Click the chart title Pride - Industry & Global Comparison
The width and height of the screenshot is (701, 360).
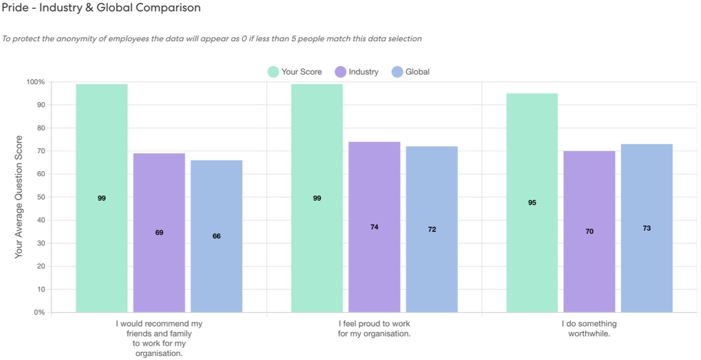point(101,8)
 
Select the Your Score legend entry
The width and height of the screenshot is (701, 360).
point(295,72)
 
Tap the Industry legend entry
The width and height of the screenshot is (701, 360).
point(357,72)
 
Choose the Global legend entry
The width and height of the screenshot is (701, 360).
point(410,72)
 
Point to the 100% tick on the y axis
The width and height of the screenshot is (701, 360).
point(35,82)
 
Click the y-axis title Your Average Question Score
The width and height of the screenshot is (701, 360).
point(19,197)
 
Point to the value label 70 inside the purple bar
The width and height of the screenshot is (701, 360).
point(590,231)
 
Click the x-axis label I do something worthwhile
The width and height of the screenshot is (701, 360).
point(589,328)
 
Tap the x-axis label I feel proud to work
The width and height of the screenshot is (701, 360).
point(374,328)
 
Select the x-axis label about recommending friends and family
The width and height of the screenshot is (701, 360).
point(159,338)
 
